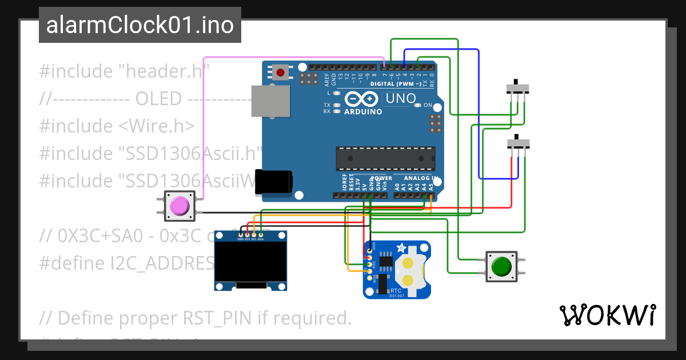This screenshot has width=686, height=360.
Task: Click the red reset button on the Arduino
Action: (281, 73)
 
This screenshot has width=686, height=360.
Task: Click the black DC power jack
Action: (274, 182)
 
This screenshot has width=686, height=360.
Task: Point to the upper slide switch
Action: (518, 89)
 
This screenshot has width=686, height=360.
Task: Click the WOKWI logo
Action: (607, 315)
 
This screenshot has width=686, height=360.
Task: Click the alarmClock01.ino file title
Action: (139, 25)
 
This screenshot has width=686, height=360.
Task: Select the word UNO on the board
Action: (400, 99)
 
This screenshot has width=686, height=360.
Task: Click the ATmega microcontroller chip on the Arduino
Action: (385, 158)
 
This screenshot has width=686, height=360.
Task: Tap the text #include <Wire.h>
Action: (117, 126)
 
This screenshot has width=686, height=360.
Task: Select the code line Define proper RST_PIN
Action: (195, 318)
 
